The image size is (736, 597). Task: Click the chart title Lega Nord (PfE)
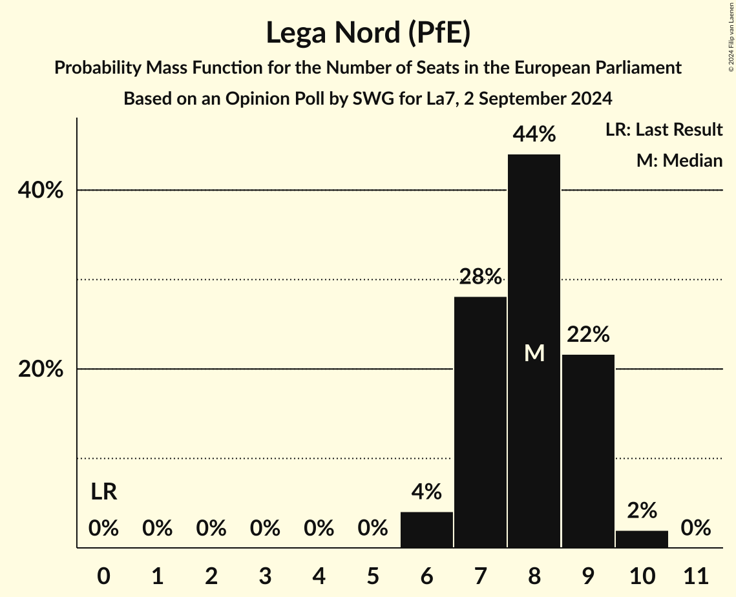[368, 32]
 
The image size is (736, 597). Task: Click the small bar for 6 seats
[426, 530]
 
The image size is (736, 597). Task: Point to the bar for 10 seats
[642, 539]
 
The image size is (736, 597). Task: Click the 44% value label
[534, 134]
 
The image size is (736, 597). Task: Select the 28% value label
[480, 277]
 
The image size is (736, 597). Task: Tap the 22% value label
[588, 335]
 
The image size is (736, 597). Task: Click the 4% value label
[426, 492]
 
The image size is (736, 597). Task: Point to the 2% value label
[642, 510]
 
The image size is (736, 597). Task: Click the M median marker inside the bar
[534, 353]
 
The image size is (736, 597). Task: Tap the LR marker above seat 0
[103, 492]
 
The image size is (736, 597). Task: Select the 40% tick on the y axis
[40, 191]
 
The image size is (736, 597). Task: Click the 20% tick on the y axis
[40, 370]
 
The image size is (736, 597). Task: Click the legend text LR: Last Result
[664, 130]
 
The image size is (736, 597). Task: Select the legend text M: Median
[679, 160]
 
